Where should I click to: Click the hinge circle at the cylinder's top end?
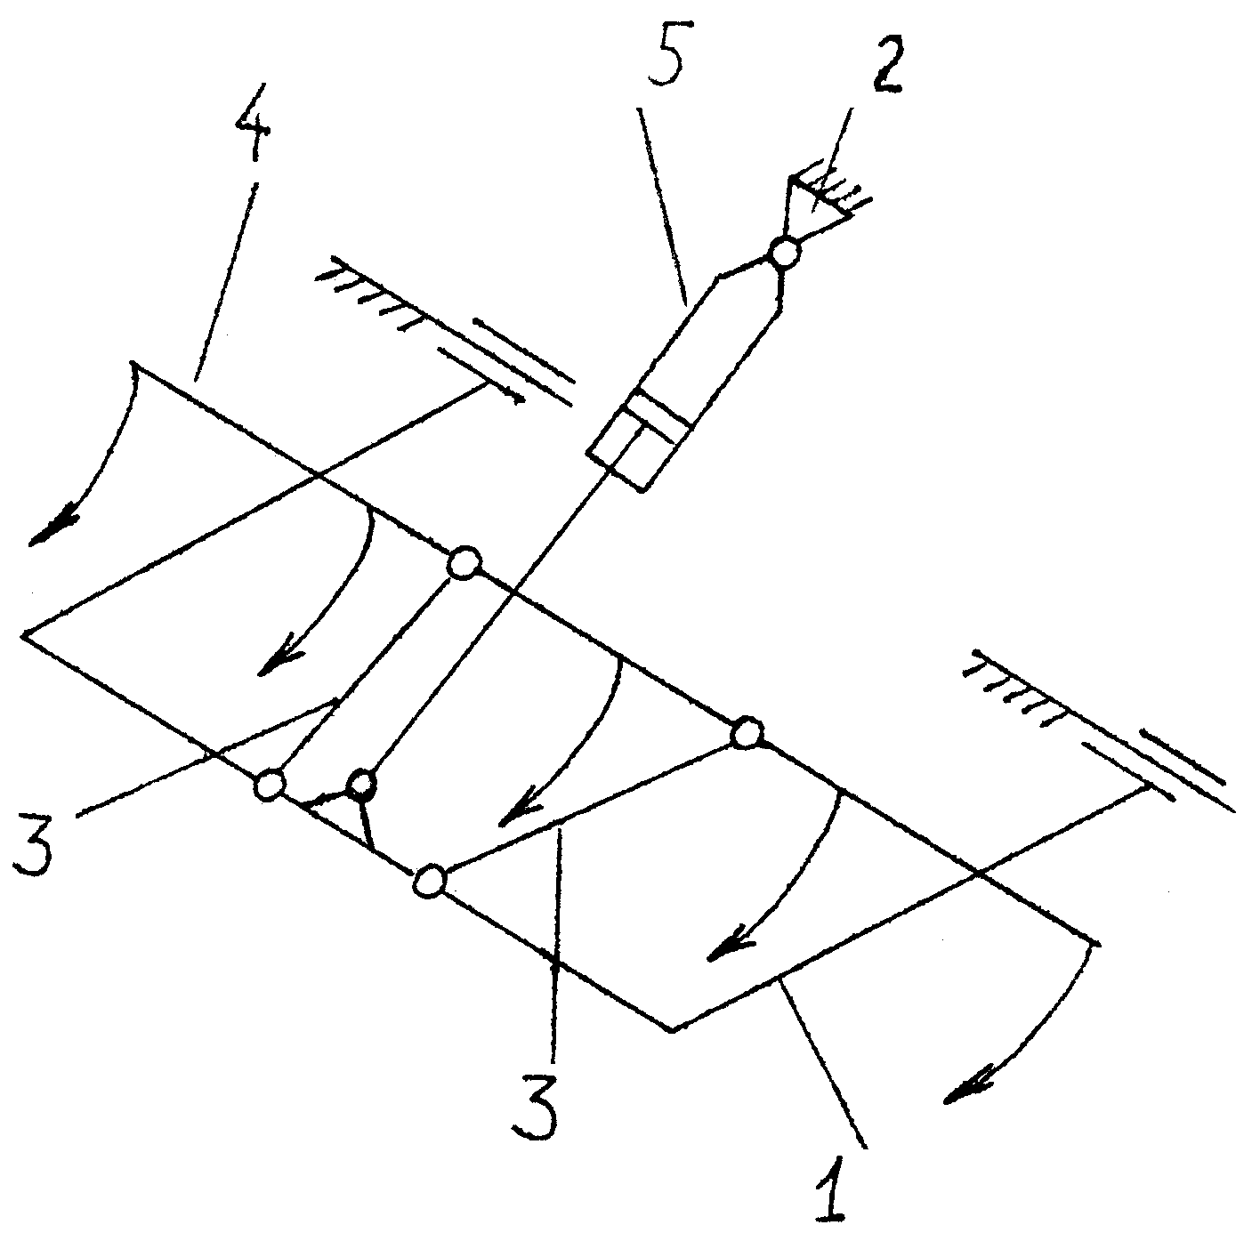[x=785, y=253]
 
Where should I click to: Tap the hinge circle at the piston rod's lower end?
[x=360, y=784]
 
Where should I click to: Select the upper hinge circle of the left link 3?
[x=464, y=562]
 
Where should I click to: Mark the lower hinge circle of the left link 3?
[x=269, y=785]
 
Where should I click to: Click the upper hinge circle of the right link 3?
[x=747, y=733]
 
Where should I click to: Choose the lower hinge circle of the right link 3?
[x=429, y=882]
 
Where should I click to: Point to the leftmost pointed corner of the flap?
[x=24, y=634]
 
